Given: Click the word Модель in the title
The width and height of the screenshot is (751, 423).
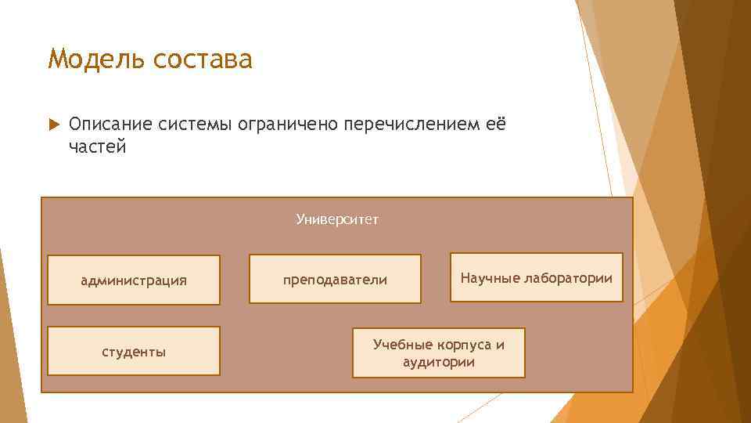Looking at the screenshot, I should [95, 60].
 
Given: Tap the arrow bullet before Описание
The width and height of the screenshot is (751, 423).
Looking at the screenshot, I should [53, 125].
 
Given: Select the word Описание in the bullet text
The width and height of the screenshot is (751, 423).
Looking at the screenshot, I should [110, 125].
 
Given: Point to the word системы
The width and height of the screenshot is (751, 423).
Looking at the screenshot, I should [193, 125].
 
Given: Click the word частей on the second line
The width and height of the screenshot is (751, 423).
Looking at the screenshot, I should [97, 147].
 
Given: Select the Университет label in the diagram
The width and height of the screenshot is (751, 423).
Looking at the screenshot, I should [337, 219].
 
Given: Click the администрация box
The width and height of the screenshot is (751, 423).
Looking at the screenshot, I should [134, 280].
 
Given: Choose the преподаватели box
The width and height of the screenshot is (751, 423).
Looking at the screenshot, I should [335, 280].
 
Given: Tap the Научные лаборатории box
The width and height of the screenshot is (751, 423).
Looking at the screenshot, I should [537, 277].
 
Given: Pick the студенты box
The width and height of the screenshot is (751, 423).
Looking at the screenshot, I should [134, 352].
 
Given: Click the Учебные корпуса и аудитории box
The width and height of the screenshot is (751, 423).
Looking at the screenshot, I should [439, 352].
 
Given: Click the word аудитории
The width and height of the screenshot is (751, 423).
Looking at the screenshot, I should [439, 362].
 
